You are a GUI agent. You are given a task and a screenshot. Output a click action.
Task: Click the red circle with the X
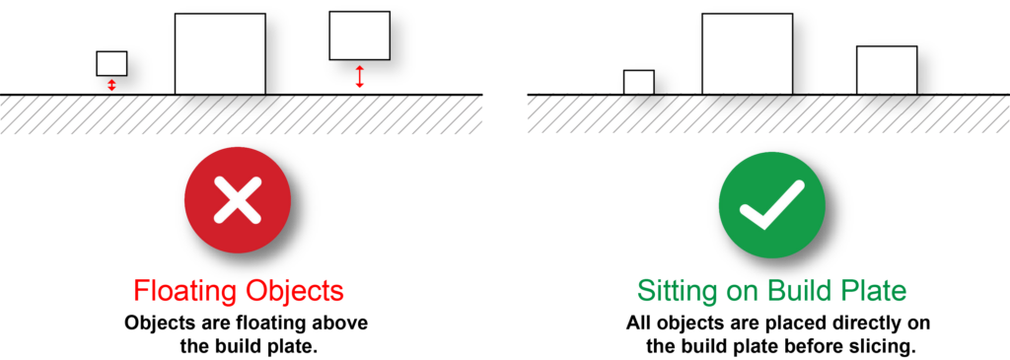(x=238, y=200)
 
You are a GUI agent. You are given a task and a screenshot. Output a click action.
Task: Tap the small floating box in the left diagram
(x=111, y=63)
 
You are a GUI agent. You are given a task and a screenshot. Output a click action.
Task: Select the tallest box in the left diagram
(x=220, y=54)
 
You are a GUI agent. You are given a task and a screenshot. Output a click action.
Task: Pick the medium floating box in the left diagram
(x=359, y=36)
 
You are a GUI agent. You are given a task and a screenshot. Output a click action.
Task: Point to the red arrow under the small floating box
(x=111, y=85)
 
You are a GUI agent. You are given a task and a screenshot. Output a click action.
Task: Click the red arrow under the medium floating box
(x=360, y=77)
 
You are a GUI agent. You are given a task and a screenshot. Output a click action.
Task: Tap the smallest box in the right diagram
(x=639, y=83)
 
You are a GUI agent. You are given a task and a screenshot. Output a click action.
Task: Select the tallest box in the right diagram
(x=748, y=54)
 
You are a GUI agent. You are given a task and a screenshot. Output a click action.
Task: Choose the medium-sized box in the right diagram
(x=887, y=70)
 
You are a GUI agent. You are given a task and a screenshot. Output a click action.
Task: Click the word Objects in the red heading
(x=294, y=291)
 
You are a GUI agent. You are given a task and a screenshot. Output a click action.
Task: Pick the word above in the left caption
(x=342, y=323)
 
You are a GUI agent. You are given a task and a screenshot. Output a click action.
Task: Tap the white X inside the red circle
(x=238, y=200)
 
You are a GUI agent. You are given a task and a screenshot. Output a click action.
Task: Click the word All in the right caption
(x=638, y=323)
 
